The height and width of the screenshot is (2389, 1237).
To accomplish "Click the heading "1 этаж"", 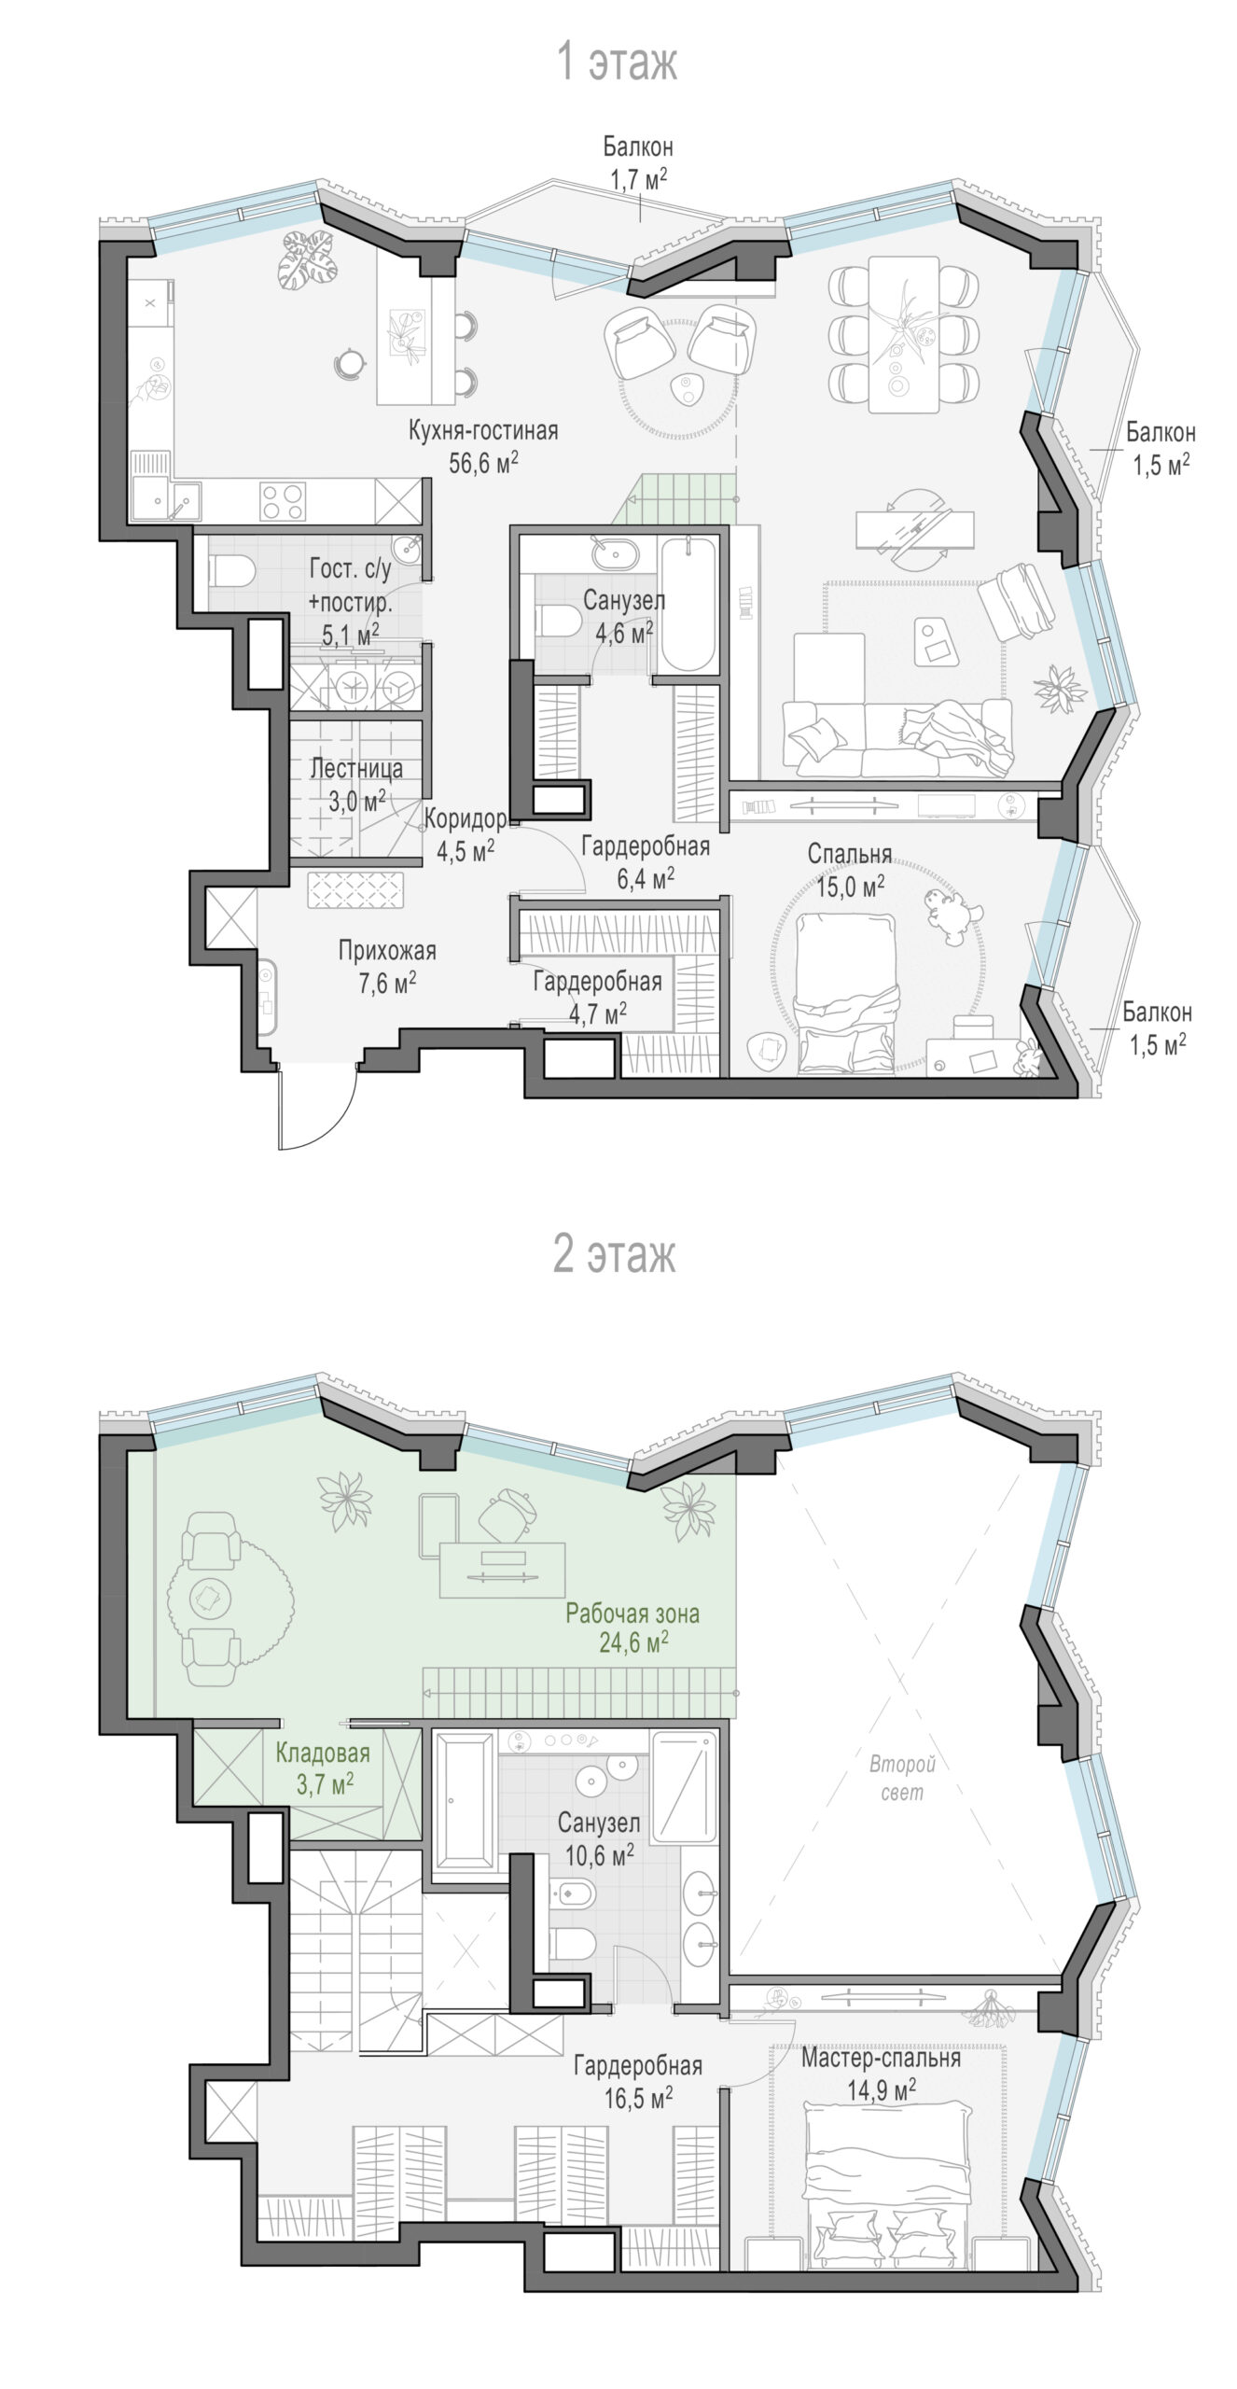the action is click(x=617, y=63).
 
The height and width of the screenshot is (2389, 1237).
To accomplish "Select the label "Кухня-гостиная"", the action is click(x=483, y=430).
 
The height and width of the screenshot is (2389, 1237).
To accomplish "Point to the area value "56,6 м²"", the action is click(x=483, y=462).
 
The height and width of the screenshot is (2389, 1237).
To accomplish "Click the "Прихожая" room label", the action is click(x=387, y=951).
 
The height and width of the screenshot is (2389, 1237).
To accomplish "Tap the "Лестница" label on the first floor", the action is click(x=356, y=769).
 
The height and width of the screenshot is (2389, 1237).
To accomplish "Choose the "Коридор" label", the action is click(x=466, y=819).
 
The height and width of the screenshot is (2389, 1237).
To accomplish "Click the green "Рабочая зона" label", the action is click(x=632, y=1613).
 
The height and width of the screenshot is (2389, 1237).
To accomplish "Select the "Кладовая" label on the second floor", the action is click(x=323, y=1753).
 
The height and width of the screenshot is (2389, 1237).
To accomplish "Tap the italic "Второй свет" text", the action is click(x=902, y=1778).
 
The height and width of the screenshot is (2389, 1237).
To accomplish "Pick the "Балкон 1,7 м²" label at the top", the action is click(x=638, y=162).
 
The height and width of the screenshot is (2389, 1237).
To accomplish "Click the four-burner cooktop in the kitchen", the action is click(x=282, y=500).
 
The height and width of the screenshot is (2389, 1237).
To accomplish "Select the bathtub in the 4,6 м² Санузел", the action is click(x=688, y=604).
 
